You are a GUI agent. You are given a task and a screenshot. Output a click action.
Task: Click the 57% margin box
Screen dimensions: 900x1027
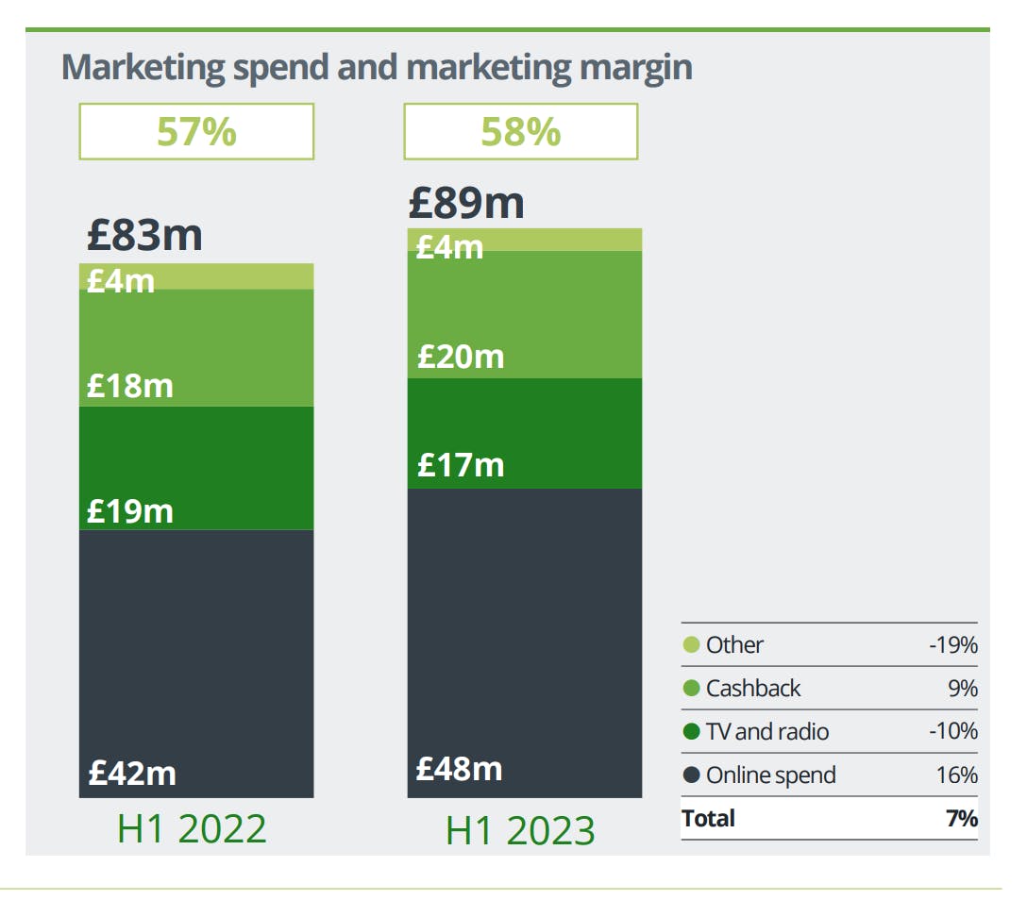coord(196,131)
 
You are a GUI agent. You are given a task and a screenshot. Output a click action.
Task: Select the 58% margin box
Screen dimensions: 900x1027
coord(521,131)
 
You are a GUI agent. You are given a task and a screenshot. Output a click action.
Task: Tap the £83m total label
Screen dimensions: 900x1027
coord(144,235)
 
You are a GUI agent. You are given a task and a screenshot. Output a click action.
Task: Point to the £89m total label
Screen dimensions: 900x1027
coord(466,203)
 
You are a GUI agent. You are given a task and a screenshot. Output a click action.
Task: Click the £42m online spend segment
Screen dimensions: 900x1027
coord(196,663)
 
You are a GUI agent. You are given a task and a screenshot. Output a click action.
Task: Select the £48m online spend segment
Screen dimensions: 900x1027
coord(524,642)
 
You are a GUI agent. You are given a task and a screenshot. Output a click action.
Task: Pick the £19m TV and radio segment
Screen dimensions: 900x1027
coord(196,468)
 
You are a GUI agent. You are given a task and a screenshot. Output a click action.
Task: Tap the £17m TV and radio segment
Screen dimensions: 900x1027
coord(524,433)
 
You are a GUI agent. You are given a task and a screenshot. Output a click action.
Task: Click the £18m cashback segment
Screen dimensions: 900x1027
coord(196,347)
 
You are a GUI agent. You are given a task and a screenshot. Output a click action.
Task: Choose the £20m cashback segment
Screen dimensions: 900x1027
coord(524,314)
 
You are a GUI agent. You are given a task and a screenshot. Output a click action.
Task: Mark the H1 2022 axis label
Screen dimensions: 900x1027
coord(192,828)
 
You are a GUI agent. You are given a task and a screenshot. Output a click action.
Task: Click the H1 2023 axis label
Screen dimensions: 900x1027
coord(520,830)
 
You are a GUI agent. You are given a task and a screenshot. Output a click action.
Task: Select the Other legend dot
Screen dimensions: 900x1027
coord(691,645)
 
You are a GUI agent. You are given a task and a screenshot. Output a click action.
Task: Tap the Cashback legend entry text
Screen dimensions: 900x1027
coord(753,689)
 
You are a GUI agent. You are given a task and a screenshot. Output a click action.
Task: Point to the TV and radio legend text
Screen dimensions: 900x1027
coord(768,732)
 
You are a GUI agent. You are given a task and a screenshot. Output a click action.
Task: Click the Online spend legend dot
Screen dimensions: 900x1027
coord(691,775)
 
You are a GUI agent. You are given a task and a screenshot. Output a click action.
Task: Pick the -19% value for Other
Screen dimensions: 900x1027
coord(952,645)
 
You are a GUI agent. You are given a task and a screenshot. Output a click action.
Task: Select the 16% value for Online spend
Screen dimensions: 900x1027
coord(957,775)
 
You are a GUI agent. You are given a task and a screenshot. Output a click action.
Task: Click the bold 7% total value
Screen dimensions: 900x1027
coord(961,818)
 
